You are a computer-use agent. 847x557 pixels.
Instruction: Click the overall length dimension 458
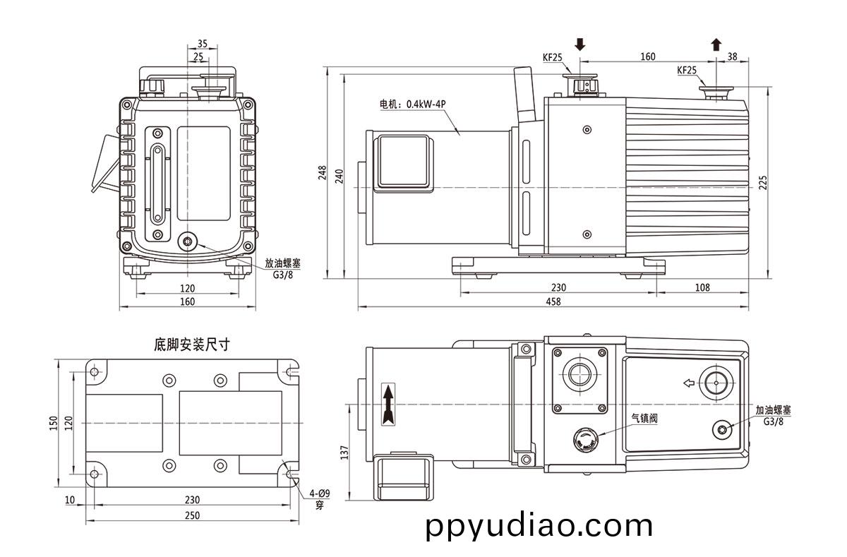(x=553, y=301)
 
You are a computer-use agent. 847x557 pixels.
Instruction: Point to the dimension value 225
(x=762, y=183)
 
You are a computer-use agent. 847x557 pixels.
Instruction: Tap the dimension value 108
(x=702, y=287)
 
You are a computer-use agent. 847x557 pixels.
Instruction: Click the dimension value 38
(x=732, y=56)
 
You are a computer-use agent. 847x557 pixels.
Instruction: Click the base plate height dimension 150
(x=53, y=422)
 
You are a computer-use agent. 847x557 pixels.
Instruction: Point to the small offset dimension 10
(x=69, y=499)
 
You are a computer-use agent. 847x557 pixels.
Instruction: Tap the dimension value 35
(x=203, y=43)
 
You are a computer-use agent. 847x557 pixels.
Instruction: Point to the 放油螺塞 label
(x=282, y=262)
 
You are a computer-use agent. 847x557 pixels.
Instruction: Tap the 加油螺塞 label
(x=774, y=409)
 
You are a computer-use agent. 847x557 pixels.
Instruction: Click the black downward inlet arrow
(x=580, y=44)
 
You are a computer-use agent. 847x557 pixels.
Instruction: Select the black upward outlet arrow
(x=716, y=44)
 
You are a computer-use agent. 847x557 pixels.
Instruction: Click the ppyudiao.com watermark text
(x=539, y=527)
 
